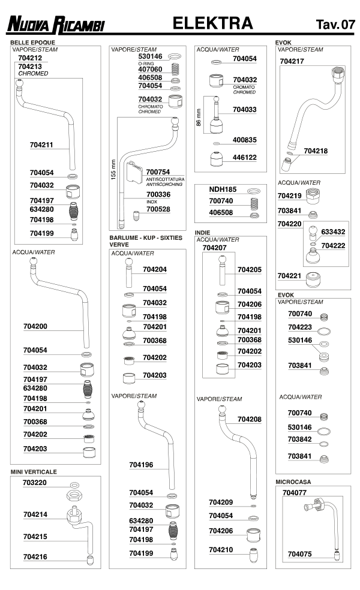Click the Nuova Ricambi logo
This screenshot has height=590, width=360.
(56, 25)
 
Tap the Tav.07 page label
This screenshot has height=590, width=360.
(335, 25)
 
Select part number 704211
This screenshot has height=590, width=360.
(42, 145)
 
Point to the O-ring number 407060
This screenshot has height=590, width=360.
(150, 69)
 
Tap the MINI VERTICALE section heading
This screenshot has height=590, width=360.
(33, 472)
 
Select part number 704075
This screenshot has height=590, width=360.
(299, 554)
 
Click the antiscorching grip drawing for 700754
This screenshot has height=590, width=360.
(136, 174)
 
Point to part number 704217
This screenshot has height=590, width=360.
(292, 61)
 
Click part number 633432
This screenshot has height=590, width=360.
(332, 230)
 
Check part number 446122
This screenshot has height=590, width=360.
(245, 158)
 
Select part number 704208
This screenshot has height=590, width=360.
(249, 419)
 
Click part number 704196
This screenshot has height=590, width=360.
(142, 465)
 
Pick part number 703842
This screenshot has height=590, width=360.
(299, 439)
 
